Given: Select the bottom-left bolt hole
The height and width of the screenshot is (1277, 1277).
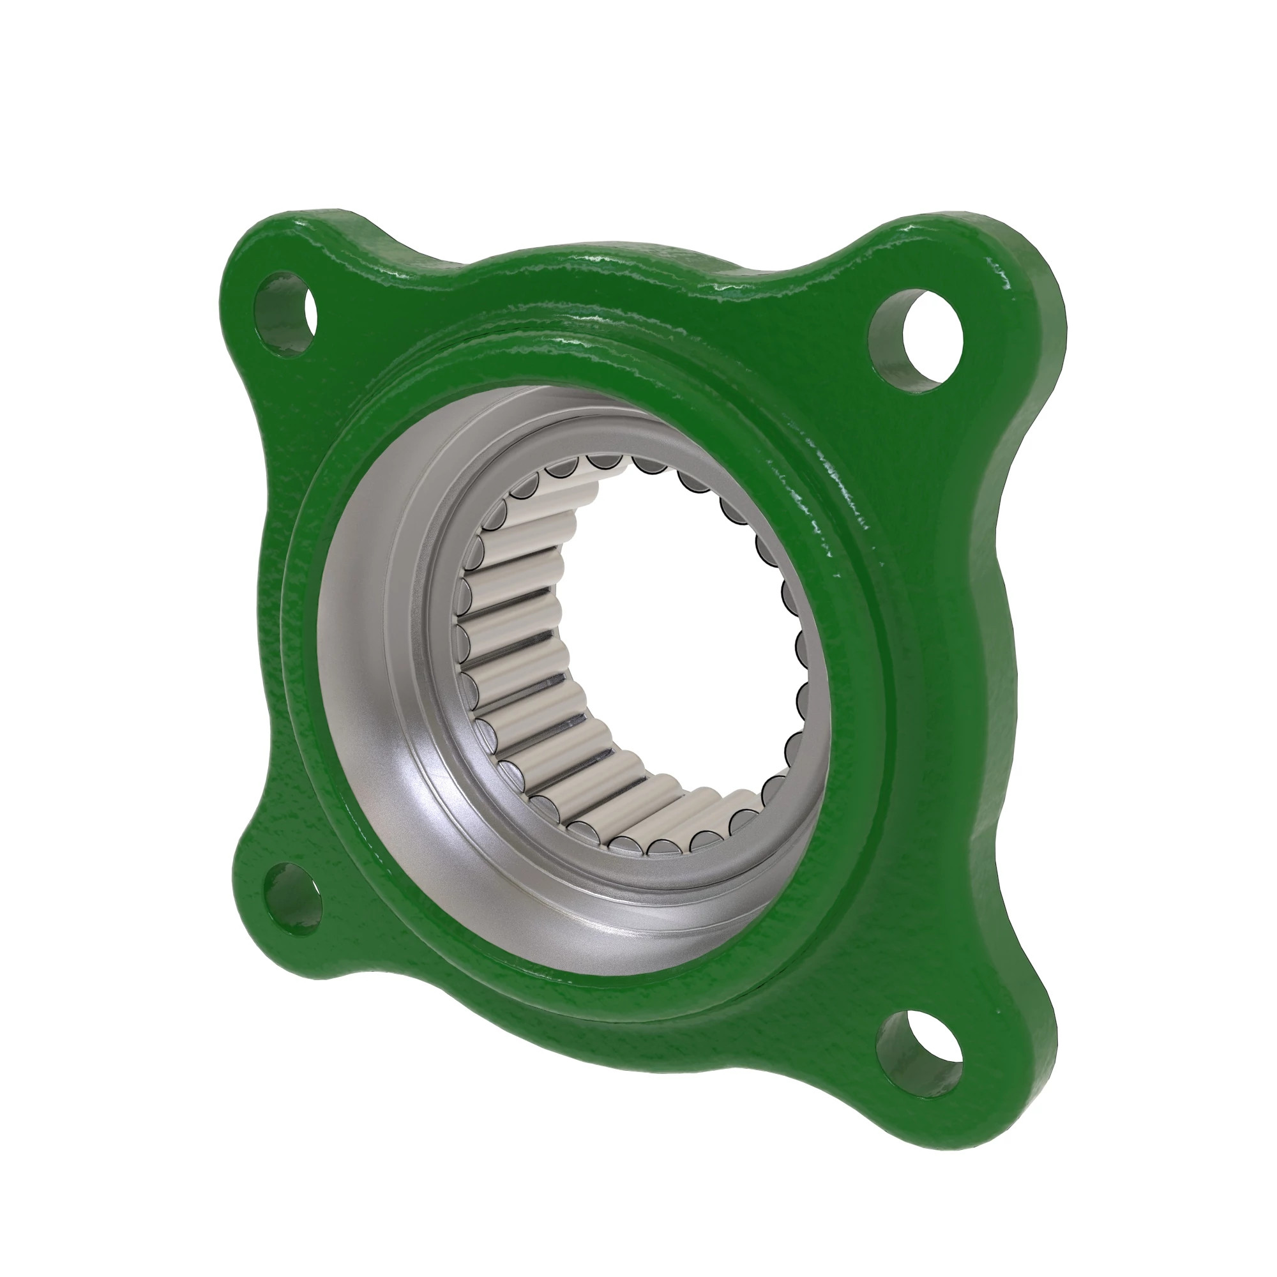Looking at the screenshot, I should (294, 900).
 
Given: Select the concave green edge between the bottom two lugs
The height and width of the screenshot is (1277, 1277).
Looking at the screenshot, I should (582, 1057).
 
